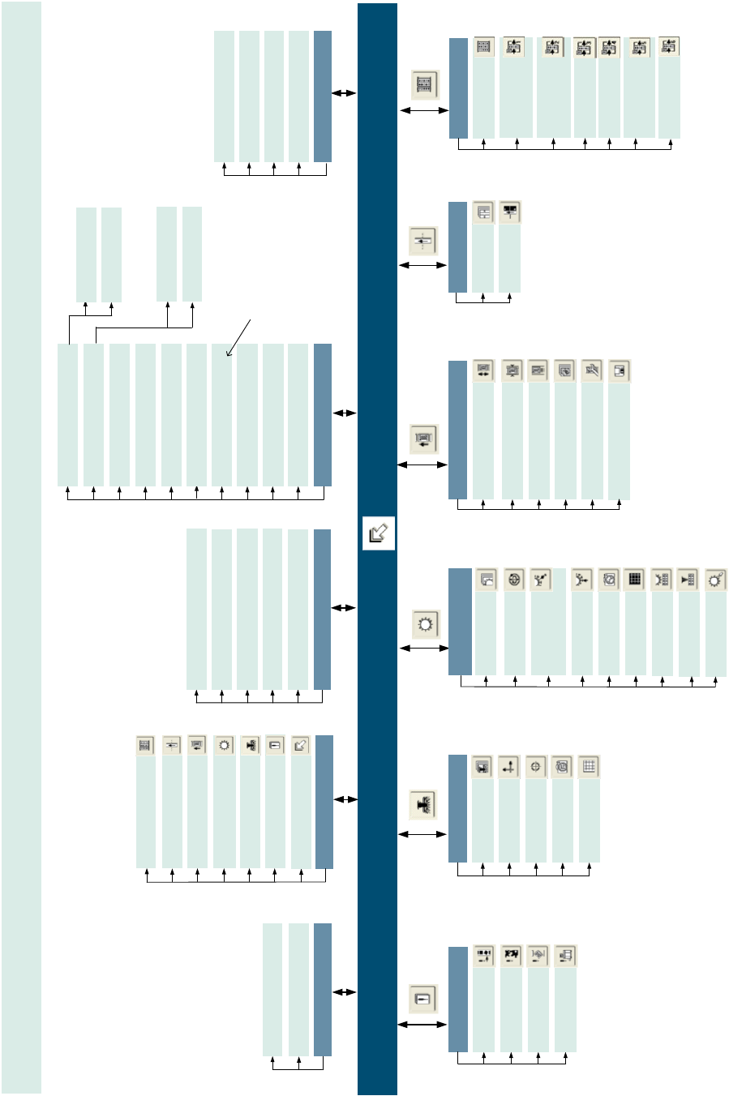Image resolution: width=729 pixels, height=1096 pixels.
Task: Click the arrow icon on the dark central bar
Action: click(x=378, y=533)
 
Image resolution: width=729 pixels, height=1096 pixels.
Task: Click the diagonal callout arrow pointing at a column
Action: click(x=240, y=337)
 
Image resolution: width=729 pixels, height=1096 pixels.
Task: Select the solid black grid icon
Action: click(x=635, y=579)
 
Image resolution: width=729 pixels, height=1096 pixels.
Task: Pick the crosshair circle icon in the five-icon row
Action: click(x=535, y=767)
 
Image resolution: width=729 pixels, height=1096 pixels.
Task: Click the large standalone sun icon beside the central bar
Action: click(x=426, y=625)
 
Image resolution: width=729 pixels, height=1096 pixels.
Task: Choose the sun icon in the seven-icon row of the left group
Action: click(x=225, y=745)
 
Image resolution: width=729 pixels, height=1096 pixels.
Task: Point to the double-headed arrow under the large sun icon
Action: click(x=424, y=649)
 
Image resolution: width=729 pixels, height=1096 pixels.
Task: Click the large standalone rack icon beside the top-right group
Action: click(x=426, y=83)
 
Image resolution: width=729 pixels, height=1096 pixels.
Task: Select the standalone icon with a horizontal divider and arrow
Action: click(x=423, y=240)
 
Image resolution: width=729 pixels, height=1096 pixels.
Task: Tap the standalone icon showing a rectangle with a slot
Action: click(x=422, y=999)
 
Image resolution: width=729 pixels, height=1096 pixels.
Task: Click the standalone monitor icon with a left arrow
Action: click(x=423, y=439)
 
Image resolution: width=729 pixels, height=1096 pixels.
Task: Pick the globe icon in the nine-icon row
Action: click(x=514, y=579)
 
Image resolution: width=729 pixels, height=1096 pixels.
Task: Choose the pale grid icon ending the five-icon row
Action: click(x=590, y=767)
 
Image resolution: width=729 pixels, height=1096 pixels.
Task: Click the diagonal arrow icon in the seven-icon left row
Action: click(x=301, y=745)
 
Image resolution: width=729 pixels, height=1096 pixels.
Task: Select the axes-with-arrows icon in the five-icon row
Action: click(x=508, y=767)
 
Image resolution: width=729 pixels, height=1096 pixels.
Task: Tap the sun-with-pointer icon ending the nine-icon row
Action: click(x=715, y=579)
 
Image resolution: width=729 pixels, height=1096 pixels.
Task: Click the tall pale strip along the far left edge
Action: click(x=21, y=547)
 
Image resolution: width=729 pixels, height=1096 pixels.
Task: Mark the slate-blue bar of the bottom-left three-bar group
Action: click(x=323, y=989)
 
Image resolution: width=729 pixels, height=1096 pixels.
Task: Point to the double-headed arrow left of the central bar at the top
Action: click(x=345, y=93)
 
